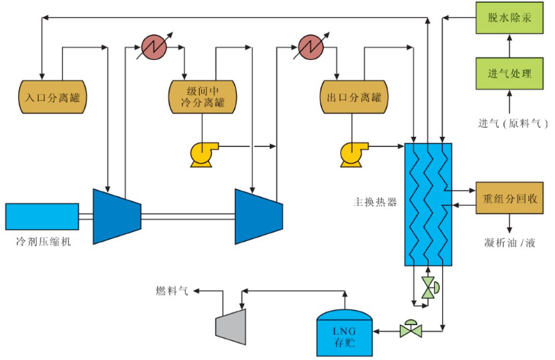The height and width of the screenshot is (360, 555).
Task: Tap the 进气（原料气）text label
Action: coord(510,123)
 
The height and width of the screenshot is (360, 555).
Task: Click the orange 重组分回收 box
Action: coord(509,198)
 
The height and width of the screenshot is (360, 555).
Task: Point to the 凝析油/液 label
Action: coord(509,243)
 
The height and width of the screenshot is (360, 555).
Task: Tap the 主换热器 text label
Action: coord(374,202)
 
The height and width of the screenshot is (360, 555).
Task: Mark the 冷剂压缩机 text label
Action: coord(43,243)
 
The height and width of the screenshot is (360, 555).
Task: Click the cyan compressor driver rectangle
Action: coord(42,216)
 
